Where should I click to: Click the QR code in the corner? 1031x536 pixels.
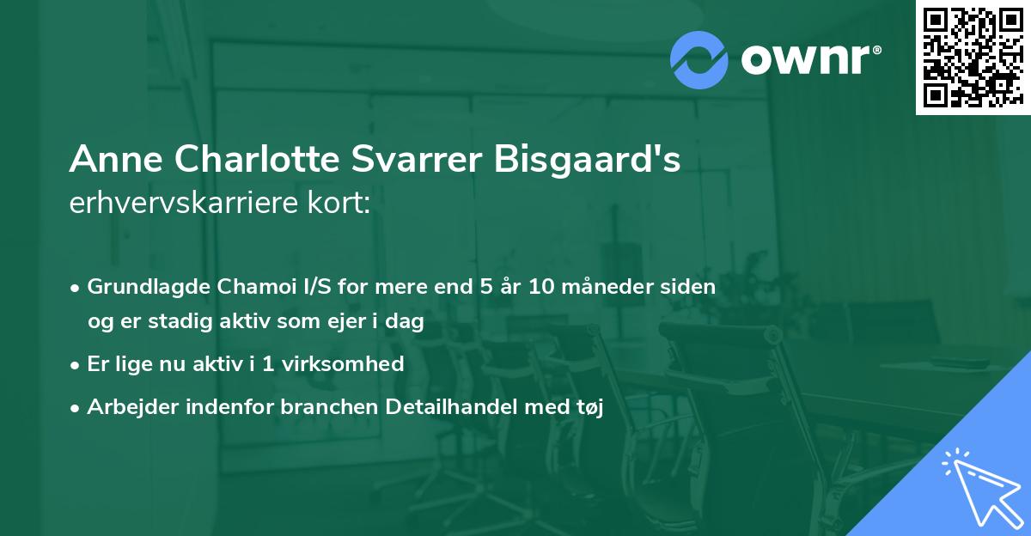(973, 57)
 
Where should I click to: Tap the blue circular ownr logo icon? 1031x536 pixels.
(699, 60)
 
